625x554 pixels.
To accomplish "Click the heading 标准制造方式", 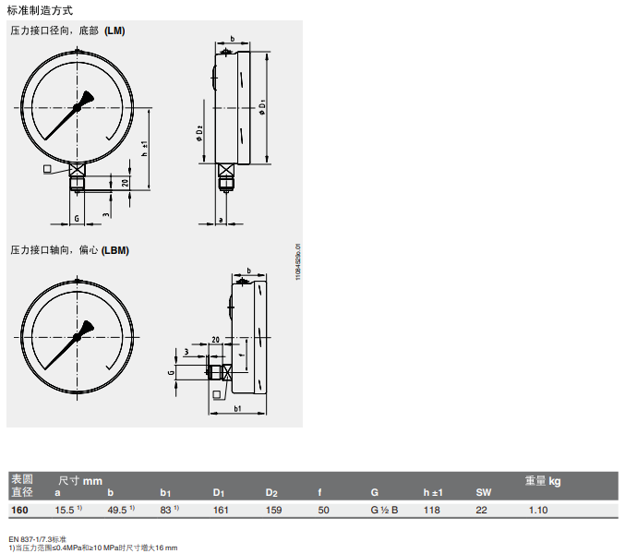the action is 40,10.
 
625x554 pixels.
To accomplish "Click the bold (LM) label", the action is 114,30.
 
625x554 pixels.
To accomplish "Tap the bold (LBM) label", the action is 115,250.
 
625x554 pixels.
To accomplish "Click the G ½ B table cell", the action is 384,510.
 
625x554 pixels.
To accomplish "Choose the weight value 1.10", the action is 538,510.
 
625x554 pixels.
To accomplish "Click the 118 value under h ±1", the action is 432,510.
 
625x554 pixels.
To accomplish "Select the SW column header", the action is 484,493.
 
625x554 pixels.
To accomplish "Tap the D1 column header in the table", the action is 219,493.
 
